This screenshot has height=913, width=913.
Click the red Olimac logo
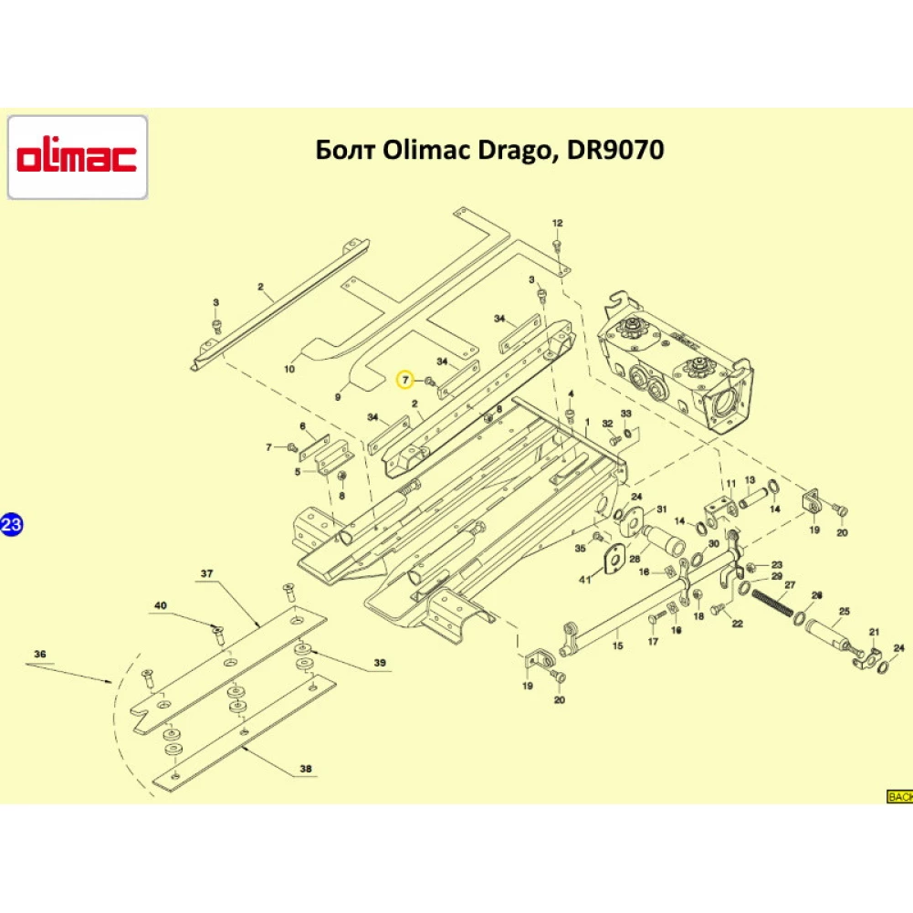click(x=78, y=157)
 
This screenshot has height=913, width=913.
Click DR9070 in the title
click(x=615, y=149)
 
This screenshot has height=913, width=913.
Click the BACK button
click(x=899, y=797)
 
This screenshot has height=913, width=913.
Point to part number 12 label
click(x=558, y=223)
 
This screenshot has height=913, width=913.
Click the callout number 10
click(x=289, y=370)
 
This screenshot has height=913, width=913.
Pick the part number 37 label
click(x=206, y=573)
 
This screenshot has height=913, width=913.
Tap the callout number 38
click(x=305, y=769)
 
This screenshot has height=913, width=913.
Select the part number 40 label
click(x=161, y=606)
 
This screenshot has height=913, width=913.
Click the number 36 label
click(x=39, y=654)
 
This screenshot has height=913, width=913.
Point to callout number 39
click(x=379, y=662)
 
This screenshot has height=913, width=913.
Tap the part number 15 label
click(x=616, y=645)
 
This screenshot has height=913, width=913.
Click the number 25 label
click(x=844, y=612)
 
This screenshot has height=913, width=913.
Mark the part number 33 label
click(x=625, y=414)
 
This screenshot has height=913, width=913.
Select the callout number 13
click(x=750, y=480)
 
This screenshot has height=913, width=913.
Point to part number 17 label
click(x=653, y=642)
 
